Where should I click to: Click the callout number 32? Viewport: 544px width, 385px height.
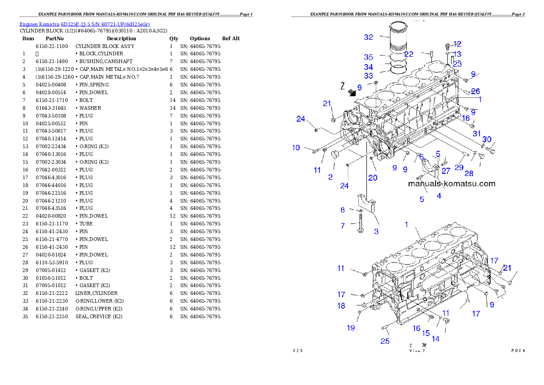click(368, 37)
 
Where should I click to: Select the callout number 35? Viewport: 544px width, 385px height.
click(368, 57)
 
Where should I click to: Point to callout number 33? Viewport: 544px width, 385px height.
click(368, 76)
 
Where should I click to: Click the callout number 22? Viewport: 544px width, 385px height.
click(408, 54)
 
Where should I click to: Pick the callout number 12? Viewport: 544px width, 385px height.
click(457, 44)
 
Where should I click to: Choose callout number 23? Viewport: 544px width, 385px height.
click(457, 64)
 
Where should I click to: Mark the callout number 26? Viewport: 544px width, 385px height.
click(475, 91)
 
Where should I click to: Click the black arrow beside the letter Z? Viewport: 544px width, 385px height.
click(351, 92)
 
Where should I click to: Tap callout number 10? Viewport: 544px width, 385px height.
click(296, 147)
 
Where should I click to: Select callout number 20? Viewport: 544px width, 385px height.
click(373, 178)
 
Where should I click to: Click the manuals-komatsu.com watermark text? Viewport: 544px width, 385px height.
click(451, 184)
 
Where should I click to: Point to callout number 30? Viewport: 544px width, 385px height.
click(487, 139)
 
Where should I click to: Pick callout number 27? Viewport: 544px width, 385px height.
click(446, 171)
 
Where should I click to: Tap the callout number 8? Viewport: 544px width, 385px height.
click(342, 210)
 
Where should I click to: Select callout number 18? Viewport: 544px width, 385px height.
click(341, 306)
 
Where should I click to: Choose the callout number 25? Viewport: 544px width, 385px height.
click(385, 341)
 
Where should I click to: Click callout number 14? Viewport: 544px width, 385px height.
click(436, 339)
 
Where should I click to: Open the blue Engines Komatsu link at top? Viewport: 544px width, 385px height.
click(85, 24)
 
